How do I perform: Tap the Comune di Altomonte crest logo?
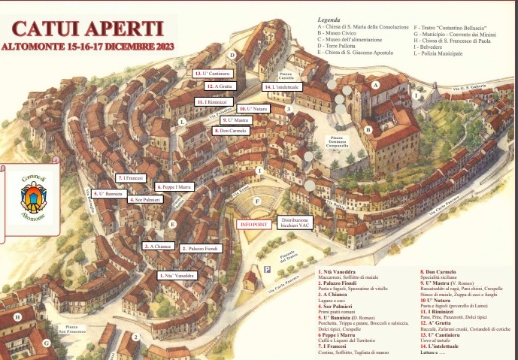33,194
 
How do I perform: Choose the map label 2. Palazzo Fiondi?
199,248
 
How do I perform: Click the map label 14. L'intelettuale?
282,87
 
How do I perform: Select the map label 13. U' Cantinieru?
212,74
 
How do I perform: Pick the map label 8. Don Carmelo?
231,131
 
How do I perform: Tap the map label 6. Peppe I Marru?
175,186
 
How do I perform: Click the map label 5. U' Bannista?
109,194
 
